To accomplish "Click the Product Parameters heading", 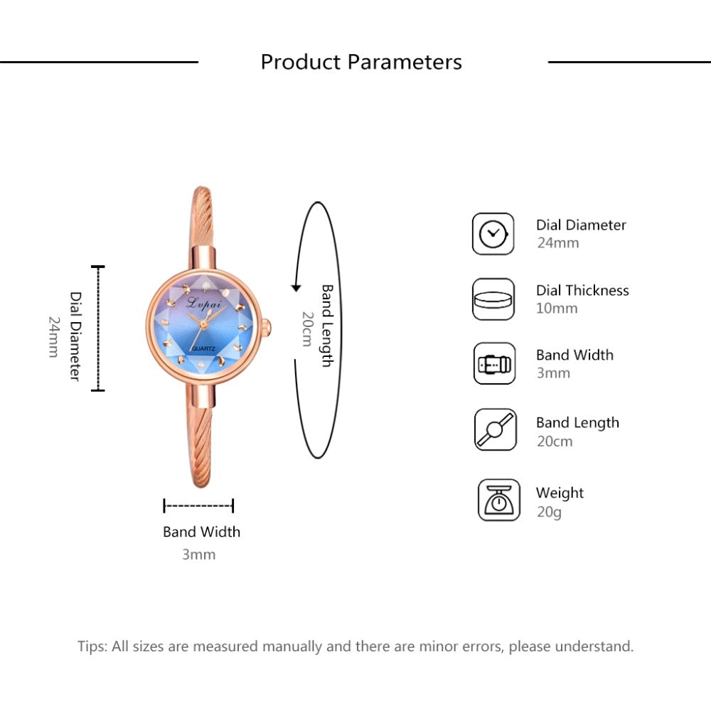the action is coord(361,62).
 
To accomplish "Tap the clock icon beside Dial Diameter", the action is coord(493,234).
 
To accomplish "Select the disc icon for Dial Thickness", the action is coord(493,299).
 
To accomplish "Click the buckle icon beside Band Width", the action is coord(494,363).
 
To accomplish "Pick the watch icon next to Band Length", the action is coord(495,429).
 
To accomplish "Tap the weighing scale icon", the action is coord(499,500).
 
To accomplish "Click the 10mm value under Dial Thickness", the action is coord(557,309).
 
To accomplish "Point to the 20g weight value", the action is coord(549,512).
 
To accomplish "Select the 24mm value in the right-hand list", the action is coord(557,243).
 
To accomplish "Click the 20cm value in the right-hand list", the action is coord(555,442).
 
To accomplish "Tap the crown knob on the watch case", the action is coord(267,326).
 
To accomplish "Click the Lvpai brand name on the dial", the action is coord(204,302).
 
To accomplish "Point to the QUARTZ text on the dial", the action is coord(203,348).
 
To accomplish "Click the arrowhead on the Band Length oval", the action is coord(296,287).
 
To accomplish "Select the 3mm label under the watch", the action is coord(198,554).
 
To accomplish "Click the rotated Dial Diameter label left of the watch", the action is coord(75,336).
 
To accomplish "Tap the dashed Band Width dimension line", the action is coord(198,506).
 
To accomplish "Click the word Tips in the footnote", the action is coord(92,646).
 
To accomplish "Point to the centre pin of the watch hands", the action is coord(203,324).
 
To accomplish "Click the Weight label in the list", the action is coord(560,493).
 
